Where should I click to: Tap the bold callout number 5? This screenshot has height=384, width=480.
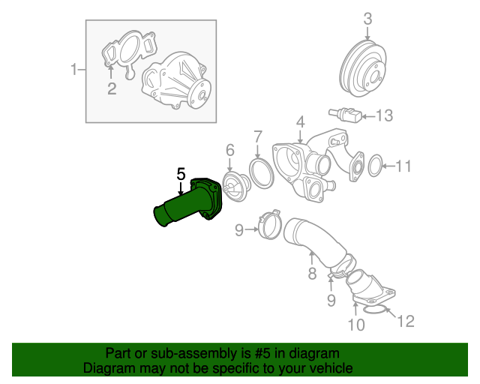click(x=181, y=174)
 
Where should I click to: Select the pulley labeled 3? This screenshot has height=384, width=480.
click(x=363, y=68)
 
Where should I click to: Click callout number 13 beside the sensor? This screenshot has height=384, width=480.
click(x=384, y=115)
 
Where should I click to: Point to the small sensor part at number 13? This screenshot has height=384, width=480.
click(x=345, y=114)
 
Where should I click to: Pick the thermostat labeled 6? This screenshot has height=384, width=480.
click(x=236, y=187)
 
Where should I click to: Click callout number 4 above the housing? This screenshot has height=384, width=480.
click(x=301, y=121)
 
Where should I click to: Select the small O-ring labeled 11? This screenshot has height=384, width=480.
click(x=375, y=166)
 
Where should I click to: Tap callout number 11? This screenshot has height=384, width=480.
click(x=403, y=166)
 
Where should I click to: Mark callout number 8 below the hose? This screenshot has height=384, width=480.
click(x=312, y=273)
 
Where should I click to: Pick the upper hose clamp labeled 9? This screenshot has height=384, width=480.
click(x=271, y=225)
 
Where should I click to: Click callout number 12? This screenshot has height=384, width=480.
click(x=406, y=321)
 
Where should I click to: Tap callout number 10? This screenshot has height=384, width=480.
click(x=357, y=325)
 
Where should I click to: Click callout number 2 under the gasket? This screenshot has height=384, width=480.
click(x=112, y=88)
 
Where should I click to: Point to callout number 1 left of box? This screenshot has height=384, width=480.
click(x=73, y=70)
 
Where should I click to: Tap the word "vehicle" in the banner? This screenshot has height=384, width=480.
click(x=333, y=368)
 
